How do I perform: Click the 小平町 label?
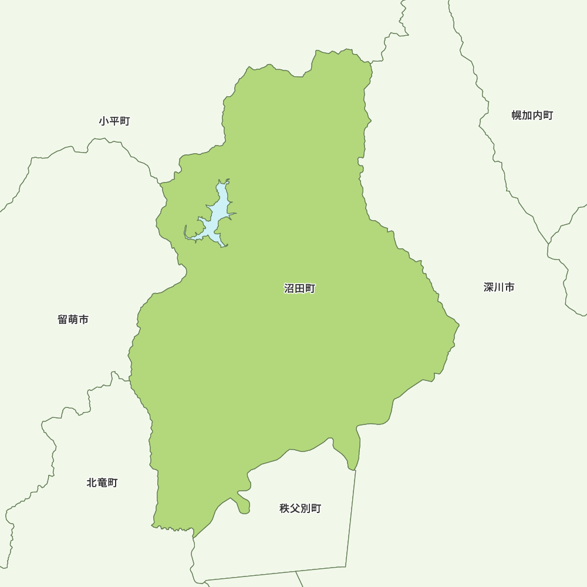[114, 122]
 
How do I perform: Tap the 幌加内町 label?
[532, 115]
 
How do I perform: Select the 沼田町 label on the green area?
[299, 289]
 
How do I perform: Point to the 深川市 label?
[499, 287]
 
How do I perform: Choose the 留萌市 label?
[73, 320]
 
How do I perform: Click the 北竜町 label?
[102, 483]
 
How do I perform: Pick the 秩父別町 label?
[300, 508]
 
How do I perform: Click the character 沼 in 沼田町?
[289, 289]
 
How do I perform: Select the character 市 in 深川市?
[510, 287]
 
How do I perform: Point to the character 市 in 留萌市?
[84, 320]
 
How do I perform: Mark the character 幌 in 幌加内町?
[517, 115]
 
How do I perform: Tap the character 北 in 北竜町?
[92, 483]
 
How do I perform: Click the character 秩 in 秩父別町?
[285, 508]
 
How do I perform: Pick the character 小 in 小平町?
[104, 122]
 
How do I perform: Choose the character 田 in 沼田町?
[299, 289]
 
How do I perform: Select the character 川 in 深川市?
[499, 287]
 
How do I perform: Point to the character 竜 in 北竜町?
[102, 483]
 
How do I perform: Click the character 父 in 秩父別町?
[295, 508]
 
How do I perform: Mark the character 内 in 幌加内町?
[538, 115]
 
